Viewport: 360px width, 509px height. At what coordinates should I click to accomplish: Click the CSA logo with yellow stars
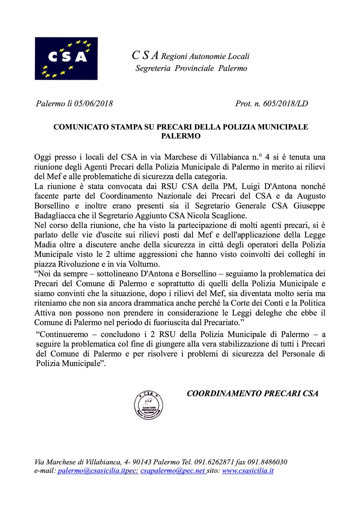tap(66, 58)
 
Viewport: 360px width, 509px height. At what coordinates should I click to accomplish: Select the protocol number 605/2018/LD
tap(285, 104)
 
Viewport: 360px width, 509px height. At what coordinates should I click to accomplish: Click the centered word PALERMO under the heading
tap(181, 136)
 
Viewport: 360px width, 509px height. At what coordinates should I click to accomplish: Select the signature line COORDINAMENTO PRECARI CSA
tap(253, 394)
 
